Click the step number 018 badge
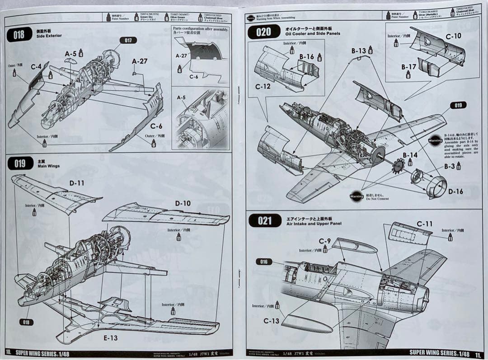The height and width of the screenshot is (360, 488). [x=19, y=34]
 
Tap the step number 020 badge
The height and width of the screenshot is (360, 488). [x=263, y=32]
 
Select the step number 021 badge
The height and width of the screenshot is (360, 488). [x=265, y=220]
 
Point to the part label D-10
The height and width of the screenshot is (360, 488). [x=183, y=203]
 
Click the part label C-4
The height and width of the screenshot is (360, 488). [x=37, y=66]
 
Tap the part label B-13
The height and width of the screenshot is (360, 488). [x=359, y=51]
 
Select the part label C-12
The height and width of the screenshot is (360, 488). [x=263, y=86]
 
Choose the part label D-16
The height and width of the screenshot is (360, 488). [x=455, y=192]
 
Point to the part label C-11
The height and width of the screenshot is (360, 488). [x=424, y=224]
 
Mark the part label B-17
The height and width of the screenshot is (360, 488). [x=408, y=66]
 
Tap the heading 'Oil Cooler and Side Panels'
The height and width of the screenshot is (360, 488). [x=313, y=33]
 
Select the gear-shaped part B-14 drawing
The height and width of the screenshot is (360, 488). [x=398, y=166]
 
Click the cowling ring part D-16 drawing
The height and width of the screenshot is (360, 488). [x=436, y=186]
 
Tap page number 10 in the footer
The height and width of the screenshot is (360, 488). [x=8, y=352]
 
